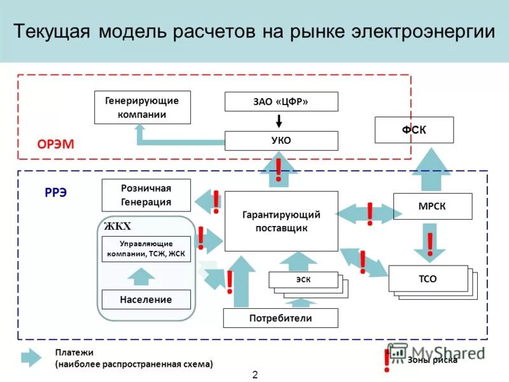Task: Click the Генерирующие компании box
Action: (143, 107)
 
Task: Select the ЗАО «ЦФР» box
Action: (281, 102)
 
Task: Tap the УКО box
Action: (281, 141)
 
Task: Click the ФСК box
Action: (414, 130)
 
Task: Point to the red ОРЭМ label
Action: (55, 145)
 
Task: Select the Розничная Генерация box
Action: (146, 195)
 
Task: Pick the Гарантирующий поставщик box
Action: (281, 221)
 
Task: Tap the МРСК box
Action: (433, 206)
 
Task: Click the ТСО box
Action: (428, 278)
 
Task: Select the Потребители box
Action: (281, 317)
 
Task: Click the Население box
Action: (146, 299)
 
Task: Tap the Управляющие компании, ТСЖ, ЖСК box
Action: (146, 250)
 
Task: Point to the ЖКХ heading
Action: (117, 226)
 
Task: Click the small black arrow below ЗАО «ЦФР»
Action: (279, 121)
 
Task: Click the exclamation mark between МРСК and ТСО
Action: (430, 244)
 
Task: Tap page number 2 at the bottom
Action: (255, 374)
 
